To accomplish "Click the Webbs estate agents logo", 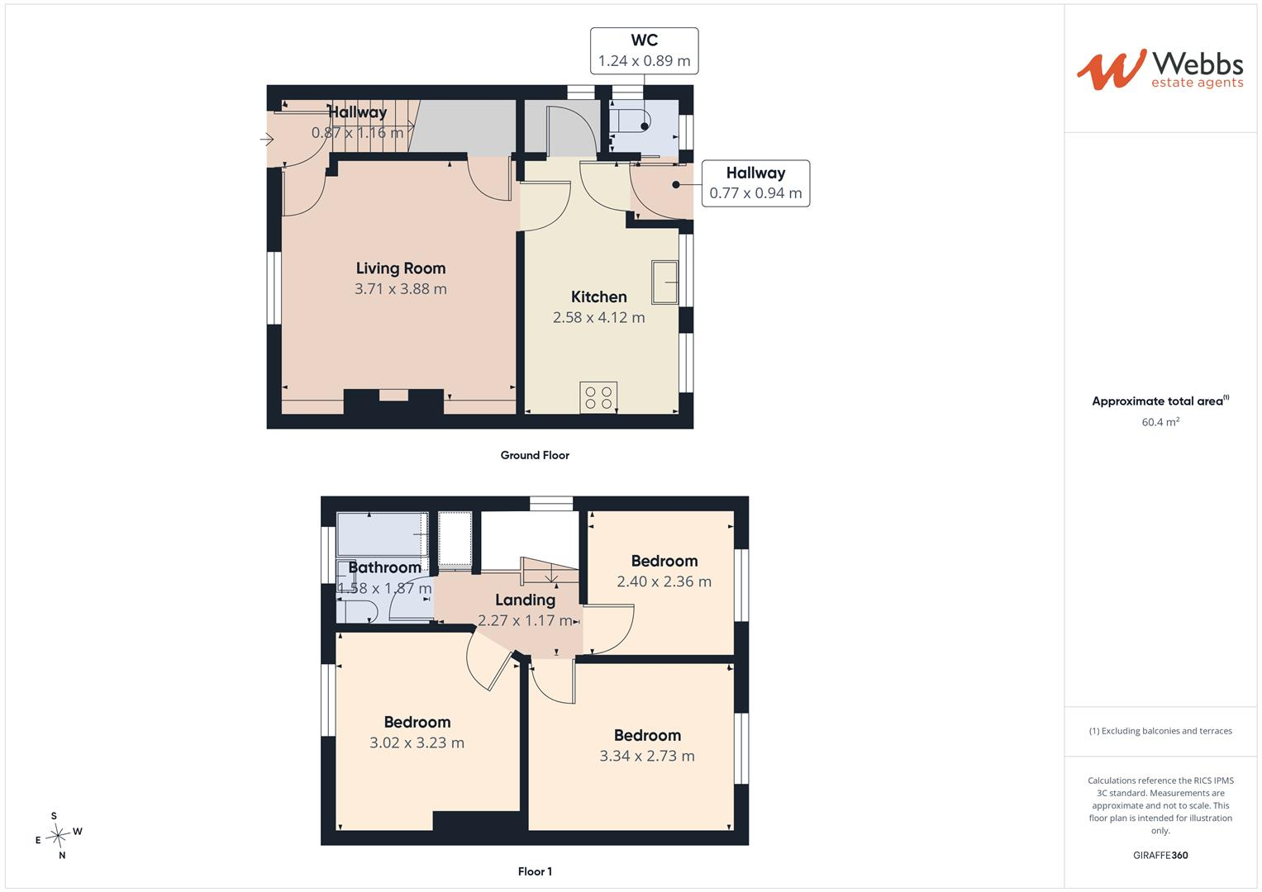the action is click(x=1160, y=69).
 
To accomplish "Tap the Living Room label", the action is click(x=401, y=268).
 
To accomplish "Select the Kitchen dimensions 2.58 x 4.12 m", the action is click(x=598, y=317).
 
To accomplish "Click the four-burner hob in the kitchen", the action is click(x=598, y=397).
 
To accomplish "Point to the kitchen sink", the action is click(x=664, y=282).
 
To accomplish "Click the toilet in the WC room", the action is click(x=631, y=121).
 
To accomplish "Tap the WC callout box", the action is click(x=644, y=50).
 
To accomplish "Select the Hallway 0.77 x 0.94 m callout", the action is click(x=755, y=183).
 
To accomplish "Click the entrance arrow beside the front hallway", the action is click(x=267, y=139).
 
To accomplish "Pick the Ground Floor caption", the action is click(x=535, y=455).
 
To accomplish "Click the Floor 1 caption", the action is click(x=535, y=871).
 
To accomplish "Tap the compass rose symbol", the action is click(x=59, y=836).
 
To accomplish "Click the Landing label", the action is click(x=525, y=600).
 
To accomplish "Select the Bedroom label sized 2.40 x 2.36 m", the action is click(x=664, y=561).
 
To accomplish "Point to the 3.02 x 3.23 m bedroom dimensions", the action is click(x=417, y=743).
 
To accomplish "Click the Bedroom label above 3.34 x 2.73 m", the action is click(x=647, y=735).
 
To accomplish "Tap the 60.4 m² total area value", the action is click(x=1160, y=422).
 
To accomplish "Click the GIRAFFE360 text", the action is click(x=1160, y=855).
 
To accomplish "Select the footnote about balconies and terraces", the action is click(x=1160, y=731).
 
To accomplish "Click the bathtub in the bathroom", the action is click(x=382, y=534).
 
